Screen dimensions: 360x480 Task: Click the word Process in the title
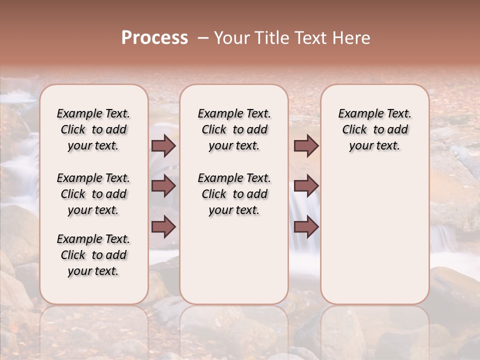[154, 38]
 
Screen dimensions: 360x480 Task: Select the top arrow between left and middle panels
[163, 146]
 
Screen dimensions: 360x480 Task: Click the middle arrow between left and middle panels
[163, 186]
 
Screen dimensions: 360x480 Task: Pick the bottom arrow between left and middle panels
[163, 227]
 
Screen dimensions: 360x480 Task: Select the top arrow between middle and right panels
[306, 146]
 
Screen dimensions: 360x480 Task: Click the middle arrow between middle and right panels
[306, 186]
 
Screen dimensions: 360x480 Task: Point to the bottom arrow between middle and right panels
[306, 227]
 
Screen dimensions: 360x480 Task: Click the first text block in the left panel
[93, 129]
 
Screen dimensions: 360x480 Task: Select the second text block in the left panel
[93, 194]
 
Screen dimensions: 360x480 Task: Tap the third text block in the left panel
[93, 255]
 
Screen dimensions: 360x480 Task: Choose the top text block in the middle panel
[234, 129]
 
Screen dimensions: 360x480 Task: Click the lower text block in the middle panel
[234, 194]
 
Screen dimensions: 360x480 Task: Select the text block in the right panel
[374, 129]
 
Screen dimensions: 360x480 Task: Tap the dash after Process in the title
[202, 38]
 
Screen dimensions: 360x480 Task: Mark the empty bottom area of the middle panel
[234, 265]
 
